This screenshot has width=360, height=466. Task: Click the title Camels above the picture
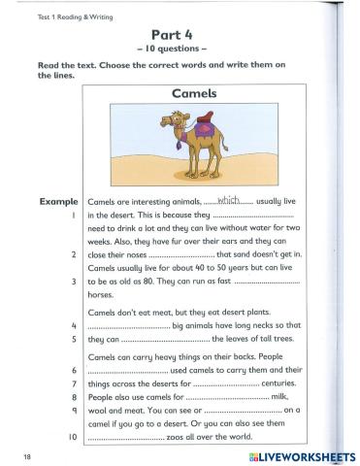tap(177, 94)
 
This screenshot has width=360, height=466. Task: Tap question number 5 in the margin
tap(74, 340)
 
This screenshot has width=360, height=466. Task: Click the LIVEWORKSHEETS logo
tap(297, 454)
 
